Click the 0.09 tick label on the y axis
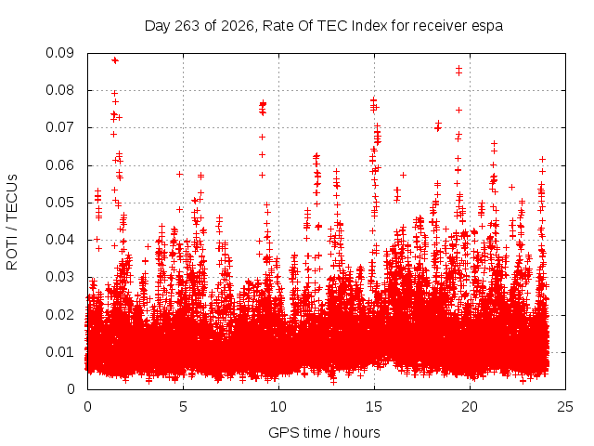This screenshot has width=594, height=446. (x=59, y=53)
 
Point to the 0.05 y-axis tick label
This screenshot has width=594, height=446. (x=59, y=203)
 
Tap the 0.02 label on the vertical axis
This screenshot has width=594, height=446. (x=59, y=315)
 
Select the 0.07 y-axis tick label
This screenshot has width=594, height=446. (x=59, y=127)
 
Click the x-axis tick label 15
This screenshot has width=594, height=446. (x=374, y=407)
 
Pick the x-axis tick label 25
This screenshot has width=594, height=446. (x=565, y=407)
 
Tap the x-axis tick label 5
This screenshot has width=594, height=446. (x=184, y=407)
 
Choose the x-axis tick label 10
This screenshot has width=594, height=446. (x=278, y=407)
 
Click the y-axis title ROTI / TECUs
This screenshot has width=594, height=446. (x=12, y=222)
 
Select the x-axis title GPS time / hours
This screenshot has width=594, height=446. (x=324, y=432)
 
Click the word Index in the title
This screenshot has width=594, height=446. (x=369, y=26)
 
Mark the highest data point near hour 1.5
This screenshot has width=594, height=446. (x=115, y=60)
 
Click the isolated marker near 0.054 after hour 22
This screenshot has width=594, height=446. (x=511, y=187)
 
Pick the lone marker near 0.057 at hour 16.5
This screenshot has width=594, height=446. (x=403, y=175)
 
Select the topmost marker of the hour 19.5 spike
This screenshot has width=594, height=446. (x=458, y=68)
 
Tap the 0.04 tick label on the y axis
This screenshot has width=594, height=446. (x=59, y=240)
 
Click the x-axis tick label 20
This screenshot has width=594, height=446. (x=470, y=407)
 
